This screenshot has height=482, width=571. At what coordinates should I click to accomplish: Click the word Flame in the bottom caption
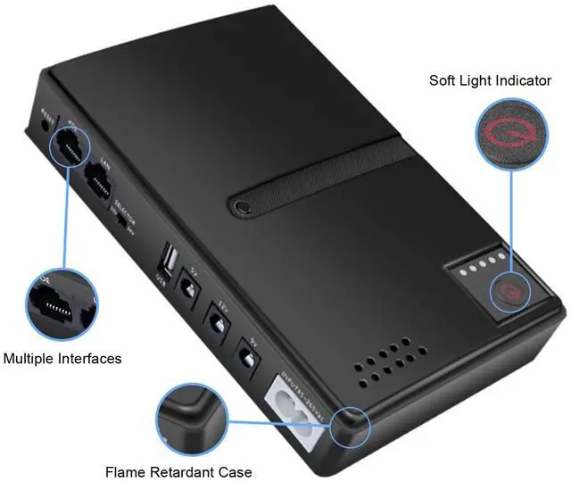124,471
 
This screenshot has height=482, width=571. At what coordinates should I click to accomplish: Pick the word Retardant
183,471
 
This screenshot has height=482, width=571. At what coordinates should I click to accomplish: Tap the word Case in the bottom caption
236,471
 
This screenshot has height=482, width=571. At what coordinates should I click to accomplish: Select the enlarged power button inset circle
512,135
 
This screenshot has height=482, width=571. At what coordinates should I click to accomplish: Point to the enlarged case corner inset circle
189,418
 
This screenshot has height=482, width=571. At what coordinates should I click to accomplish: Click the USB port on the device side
168,262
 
